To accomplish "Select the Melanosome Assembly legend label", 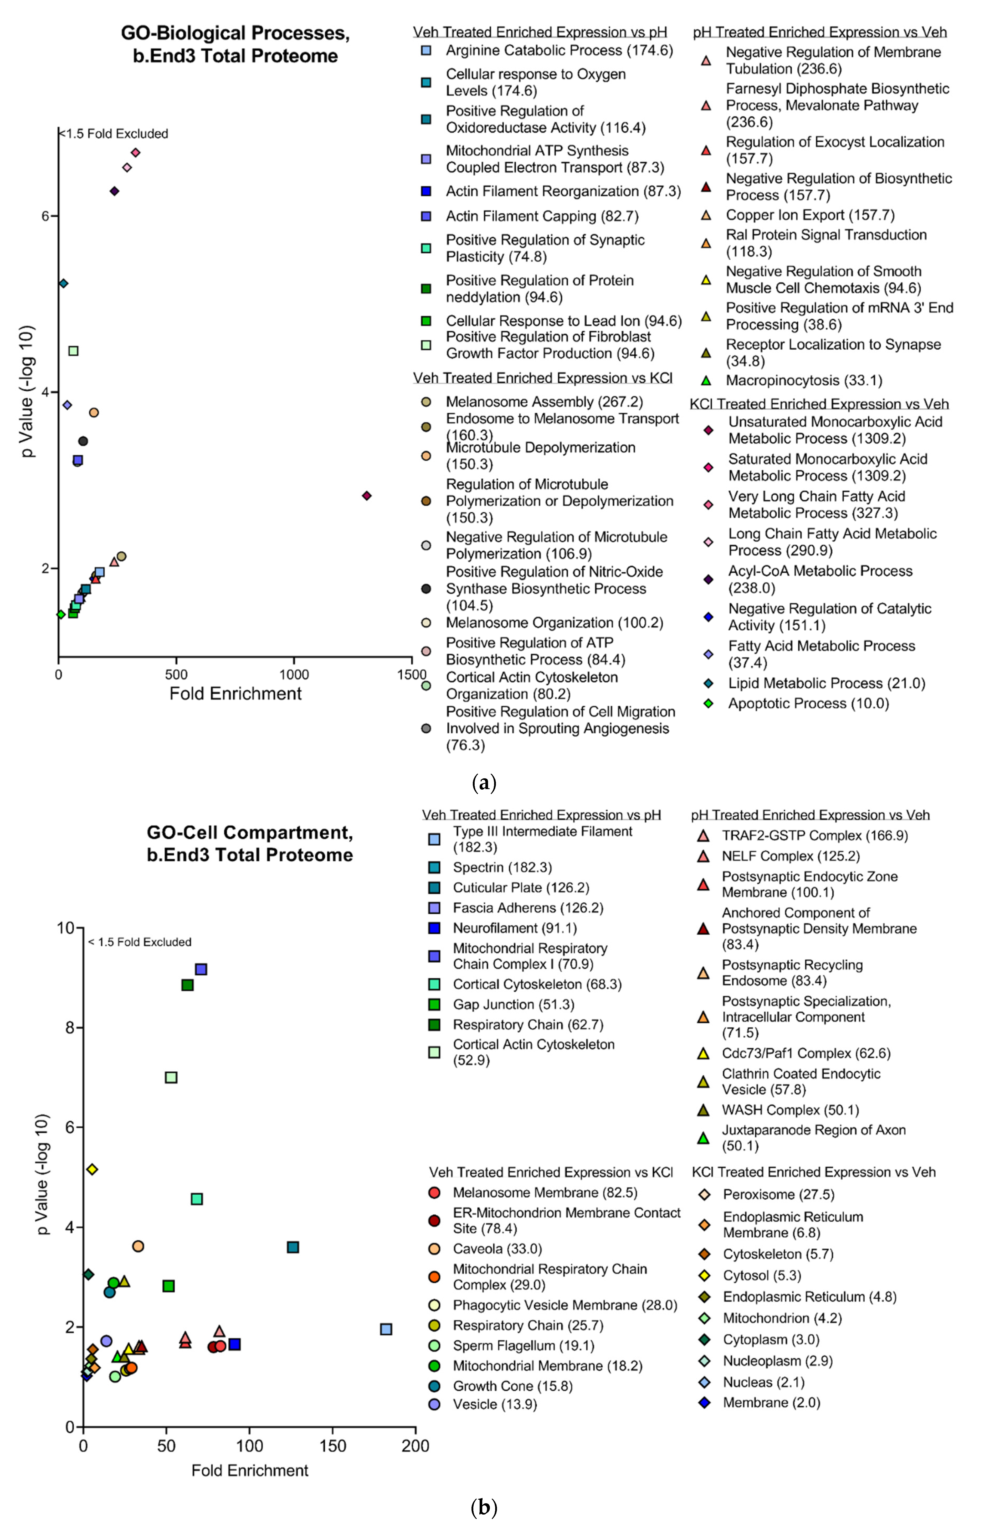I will (544, 402).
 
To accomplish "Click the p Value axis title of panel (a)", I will (27, 391).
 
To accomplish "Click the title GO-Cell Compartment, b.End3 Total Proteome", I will (250, 843).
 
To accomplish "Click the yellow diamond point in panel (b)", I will (92, 1169).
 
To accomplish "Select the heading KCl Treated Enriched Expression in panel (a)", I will (819, 404).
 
